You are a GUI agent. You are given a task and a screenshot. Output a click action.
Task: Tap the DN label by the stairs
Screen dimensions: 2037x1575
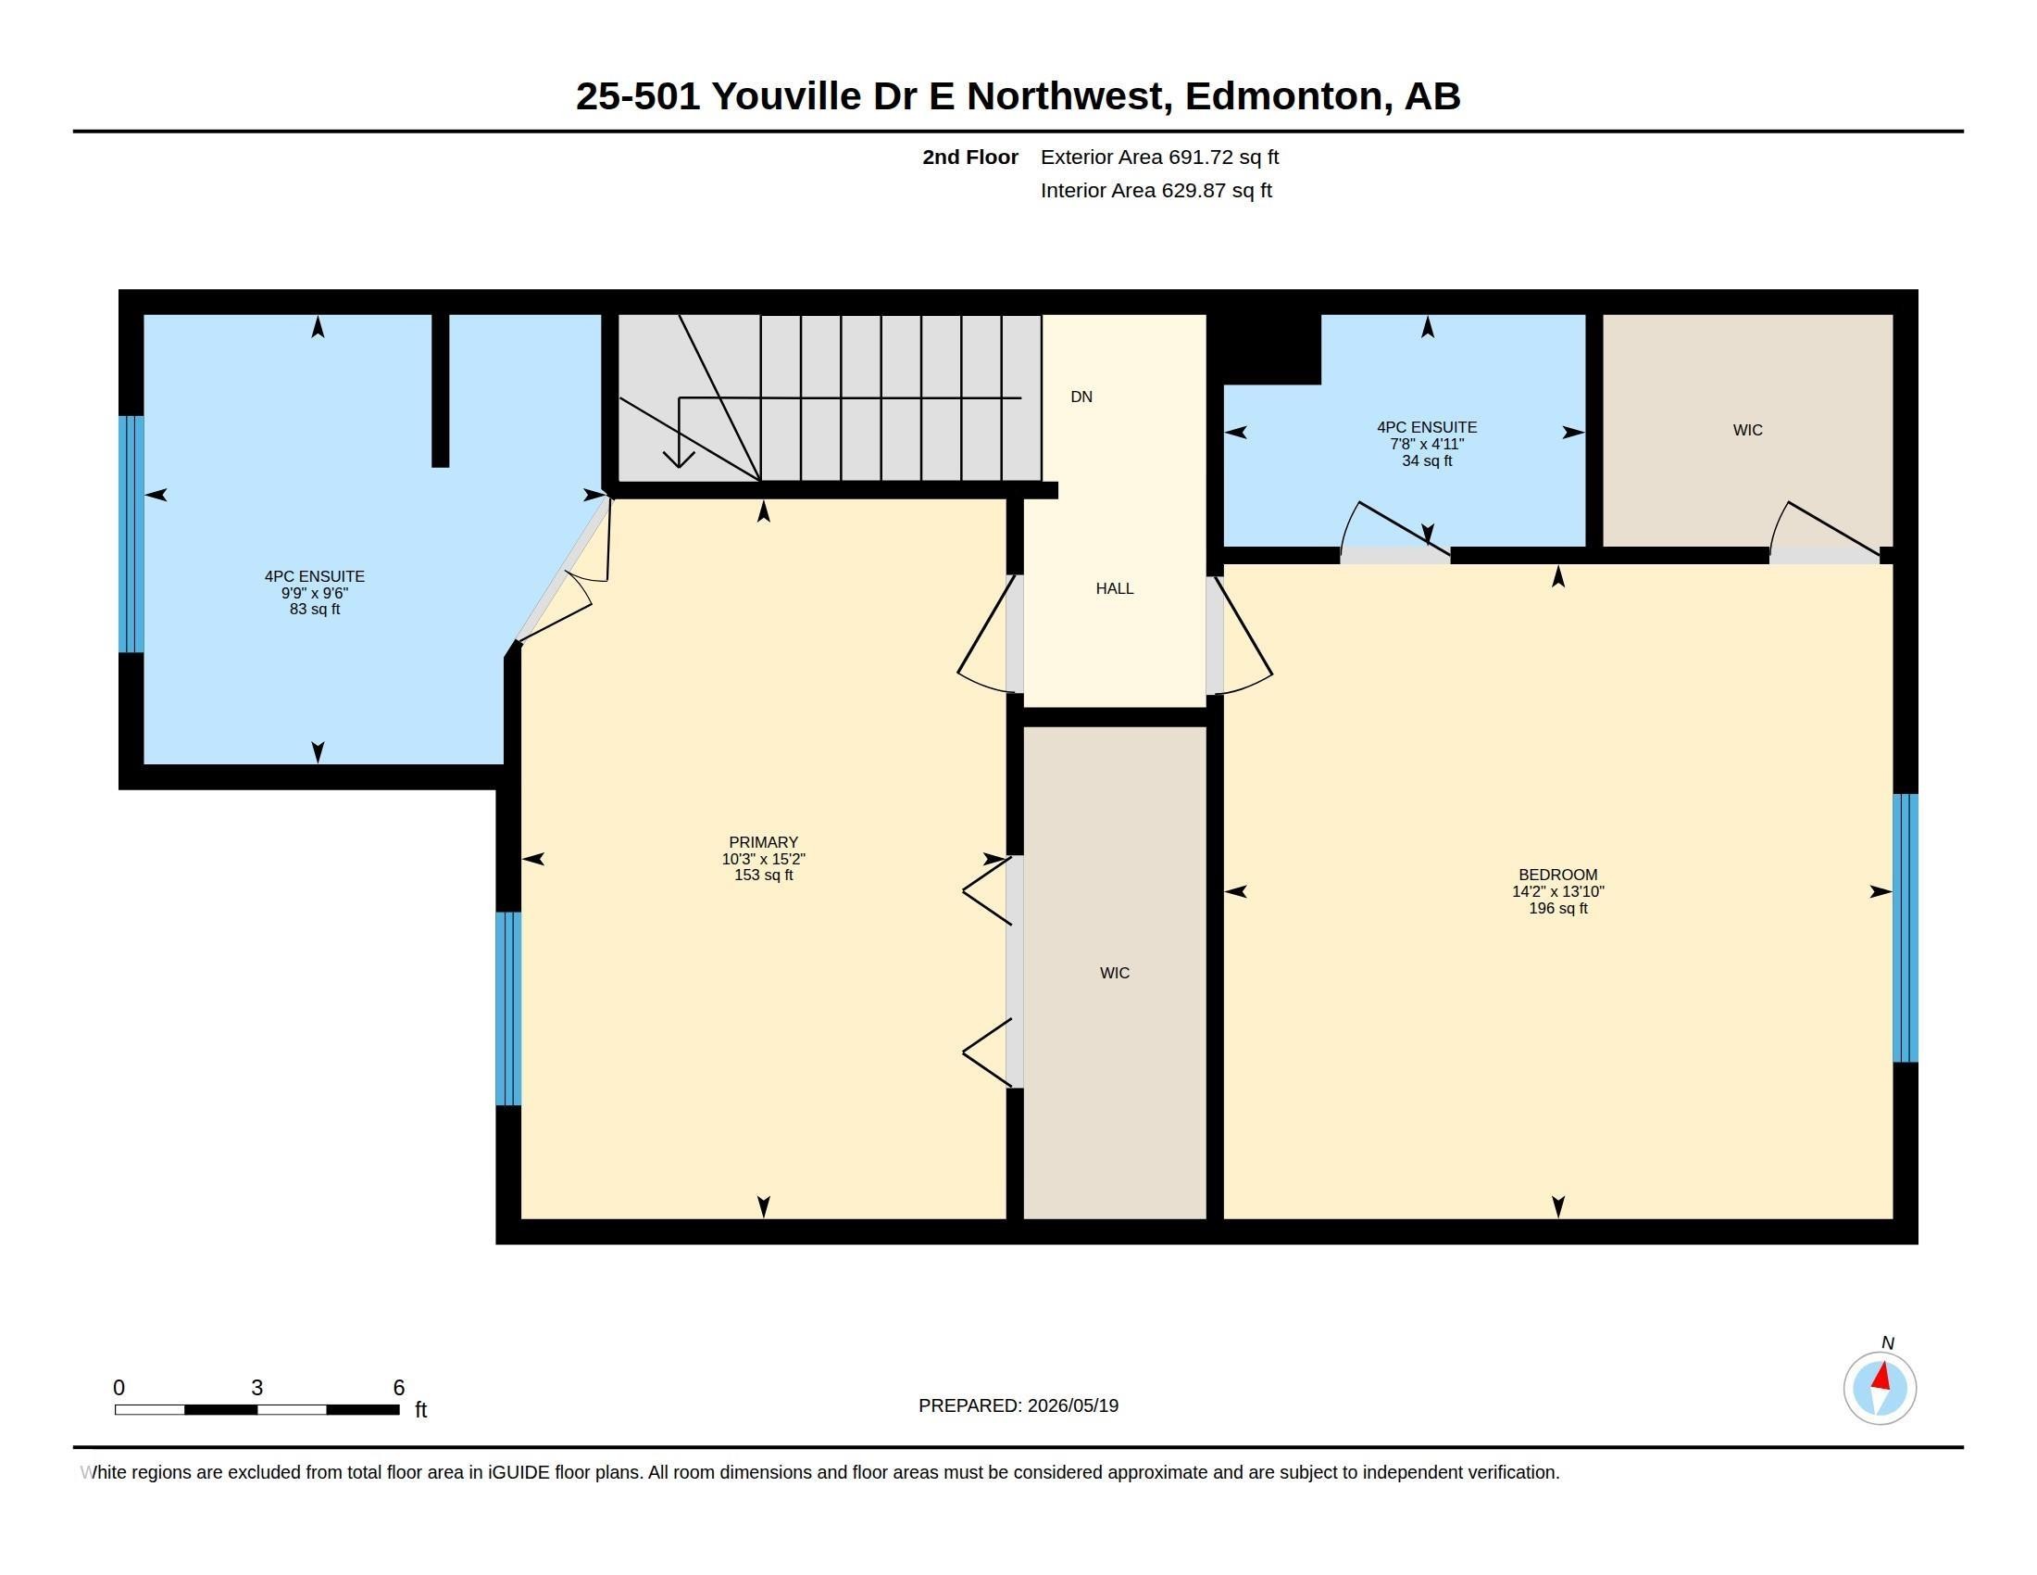(x=1081, y=397)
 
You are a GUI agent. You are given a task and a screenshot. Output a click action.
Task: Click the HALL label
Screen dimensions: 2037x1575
(x=1115, y=588)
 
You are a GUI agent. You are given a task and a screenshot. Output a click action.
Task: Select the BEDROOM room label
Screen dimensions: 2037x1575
(x=1557, y=875)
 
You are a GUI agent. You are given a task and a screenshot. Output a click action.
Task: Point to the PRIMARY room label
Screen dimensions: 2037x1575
(x=763, y=841)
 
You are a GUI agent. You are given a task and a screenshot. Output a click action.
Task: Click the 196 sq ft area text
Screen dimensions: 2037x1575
(x=1557, y=908)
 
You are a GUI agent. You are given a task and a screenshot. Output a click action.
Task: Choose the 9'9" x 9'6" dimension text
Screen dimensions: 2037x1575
(x=314, y=593)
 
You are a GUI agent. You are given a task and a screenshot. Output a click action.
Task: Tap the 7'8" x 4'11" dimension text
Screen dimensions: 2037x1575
(x=1427, y=444)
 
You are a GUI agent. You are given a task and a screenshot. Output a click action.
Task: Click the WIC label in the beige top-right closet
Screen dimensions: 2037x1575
(x=1747, y=430)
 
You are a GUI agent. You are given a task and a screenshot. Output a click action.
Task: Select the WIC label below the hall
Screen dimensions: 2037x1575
(x=1115, y=973)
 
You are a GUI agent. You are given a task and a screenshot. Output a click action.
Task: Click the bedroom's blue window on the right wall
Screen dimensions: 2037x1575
(x=1905, y=927)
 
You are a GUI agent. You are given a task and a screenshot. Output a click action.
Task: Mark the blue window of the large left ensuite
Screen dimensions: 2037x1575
(x=131, y=534)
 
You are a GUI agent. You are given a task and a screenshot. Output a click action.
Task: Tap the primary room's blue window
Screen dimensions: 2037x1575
(x=508, y=1008)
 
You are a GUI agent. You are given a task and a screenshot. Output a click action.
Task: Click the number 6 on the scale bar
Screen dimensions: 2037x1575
(x=398, y=1388)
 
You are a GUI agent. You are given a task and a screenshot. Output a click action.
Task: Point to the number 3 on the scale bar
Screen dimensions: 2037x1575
(x=256, y=1388)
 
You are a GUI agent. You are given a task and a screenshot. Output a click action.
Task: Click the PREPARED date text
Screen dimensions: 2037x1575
(x=1018, y=1405)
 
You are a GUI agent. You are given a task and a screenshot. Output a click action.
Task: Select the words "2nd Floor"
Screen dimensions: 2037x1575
(x=970, y=157)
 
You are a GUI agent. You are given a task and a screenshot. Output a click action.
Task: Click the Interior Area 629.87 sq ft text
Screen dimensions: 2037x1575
(x=1156, y=190)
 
